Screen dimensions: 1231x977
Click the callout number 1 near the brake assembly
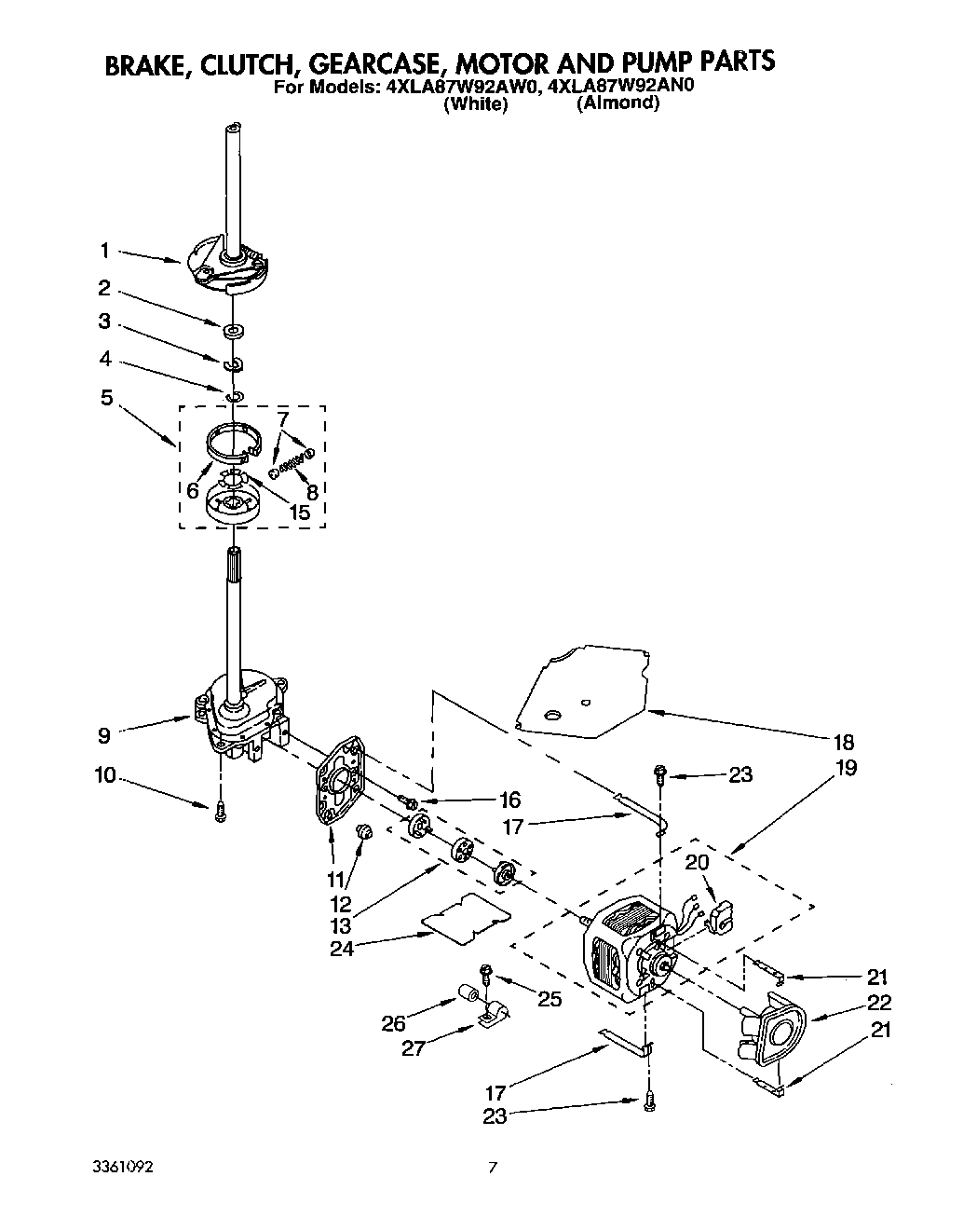(x=105, y=250)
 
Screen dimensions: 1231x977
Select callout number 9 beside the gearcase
(x=104, y=735)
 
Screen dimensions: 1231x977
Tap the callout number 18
(x=844, y=743)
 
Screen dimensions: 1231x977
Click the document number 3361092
(x=123, y=1168)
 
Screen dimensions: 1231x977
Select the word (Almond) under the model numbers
(x=617, y=103)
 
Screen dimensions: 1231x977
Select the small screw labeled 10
(x=221, y=812)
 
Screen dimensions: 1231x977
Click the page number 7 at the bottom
(x=495, y=1166)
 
